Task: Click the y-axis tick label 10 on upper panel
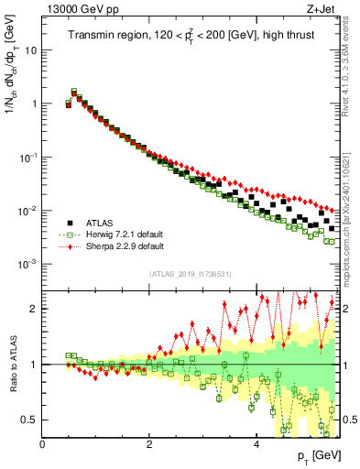(x=31, y=49)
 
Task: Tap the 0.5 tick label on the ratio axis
(x=29, y=420)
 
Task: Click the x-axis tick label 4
(x=256, y=444)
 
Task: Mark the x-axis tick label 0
(x=42, y=444)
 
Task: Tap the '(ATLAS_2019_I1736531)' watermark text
(x=190, y=274)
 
